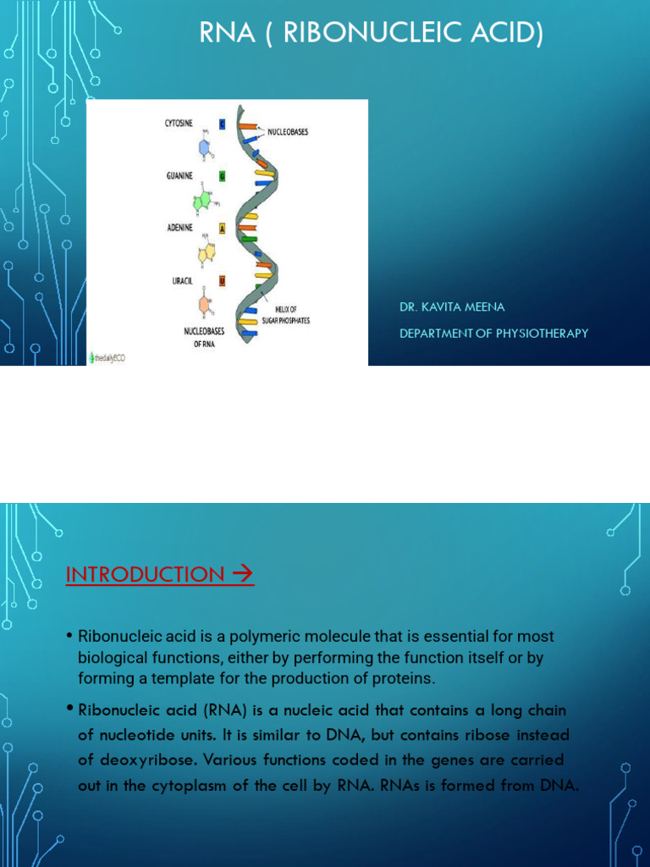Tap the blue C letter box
pyautogui.click(x=222, y=124)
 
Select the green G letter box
pyautogui.click(x=222, y=176)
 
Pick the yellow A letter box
pyautogui.click(x=222, y=228)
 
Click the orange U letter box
pyautogui.click(x=222, y=279)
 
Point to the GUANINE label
pyautogui.click(x=180, y=176)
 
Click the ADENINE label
pyautogui.click(x=180, y=228)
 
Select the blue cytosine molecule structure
pyautogui.click(x=205, y=146)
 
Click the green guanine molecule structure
pyautogui.click(x=203, y=202)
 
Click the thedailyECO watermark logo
pyautogui.click(x=108, y=359)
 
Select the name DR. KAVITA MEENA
pyautogui.click(x=452, y=307)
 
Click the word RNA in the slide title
pyautogui.click(x=223, y=34)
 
